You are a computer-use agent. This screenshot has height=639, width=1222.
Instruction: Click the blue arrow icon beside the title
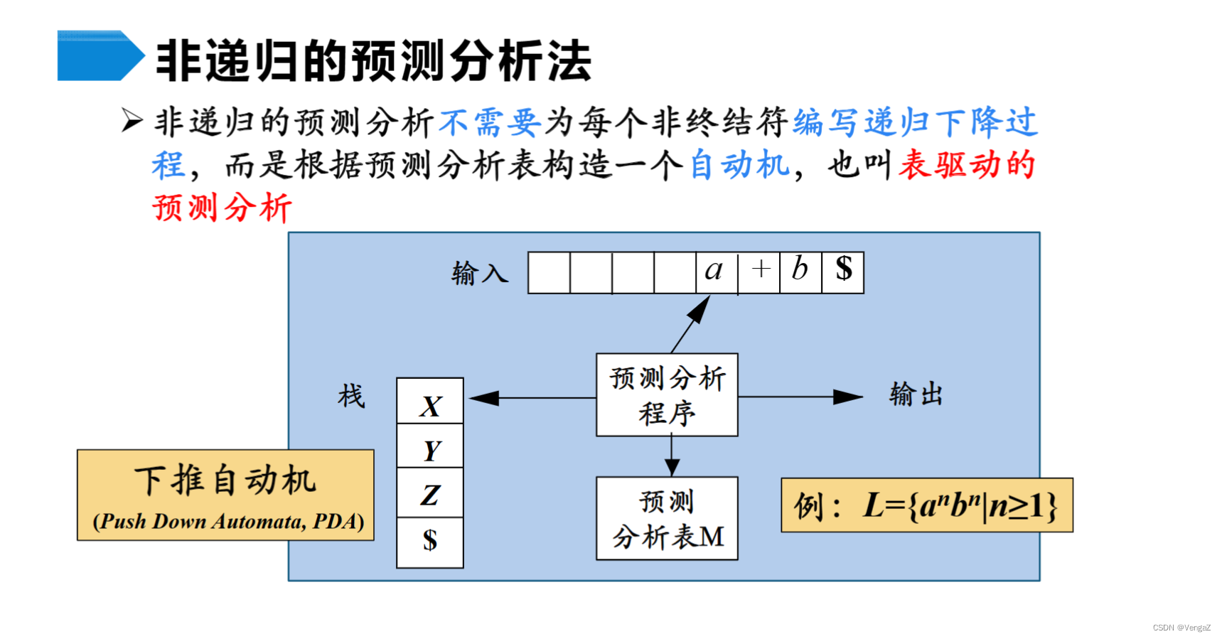(x=100, y=55)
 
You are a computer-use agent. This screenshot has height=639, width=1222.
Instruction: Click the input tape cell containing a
(x=716, y=272)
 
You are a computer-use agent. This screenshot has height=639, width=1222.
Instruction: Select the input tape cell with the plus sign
(x=759, y=272)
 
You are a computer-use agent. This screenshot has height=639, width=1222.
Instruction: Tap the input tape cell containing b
(x=800, y=272)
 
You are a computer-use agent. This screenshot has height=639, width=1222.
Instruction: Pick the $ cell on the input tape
(x=843, y=272)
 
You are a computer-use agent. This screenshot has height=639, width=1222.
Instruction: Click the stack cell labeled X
(x=430, y=402)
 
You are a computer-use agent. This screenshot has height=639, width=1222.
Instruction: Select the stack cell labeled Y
(x=430, y=447)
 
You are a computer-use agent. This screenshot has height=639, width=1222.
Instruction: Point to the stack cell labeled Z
(x=430, y=493)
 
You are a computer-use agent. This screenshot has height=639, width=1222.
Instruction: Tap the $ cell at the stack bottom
(x=430, y=542)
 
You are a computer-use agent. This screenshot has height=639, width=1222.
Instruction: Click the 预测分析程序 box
(x=667, y=395)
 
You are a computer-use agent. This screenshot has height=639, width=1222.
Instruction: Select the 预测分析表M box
(x=667, y=519)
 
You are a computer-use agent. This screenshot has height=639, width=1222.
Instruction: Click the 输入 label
(x=480, y=273)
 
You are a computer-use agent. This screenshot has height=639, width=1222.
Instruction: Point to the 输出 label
(x=916, y=394)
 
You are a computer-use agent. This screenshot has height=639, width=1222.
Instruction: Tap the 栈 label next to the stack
(x=351, y=396)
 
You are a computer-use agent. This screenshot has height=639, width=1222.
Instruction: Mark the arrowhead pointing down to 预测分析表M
(x=672, y=467)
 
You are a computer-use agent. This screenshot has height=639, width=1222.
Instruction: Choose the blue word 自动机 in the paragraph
(x=739, y=165)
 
